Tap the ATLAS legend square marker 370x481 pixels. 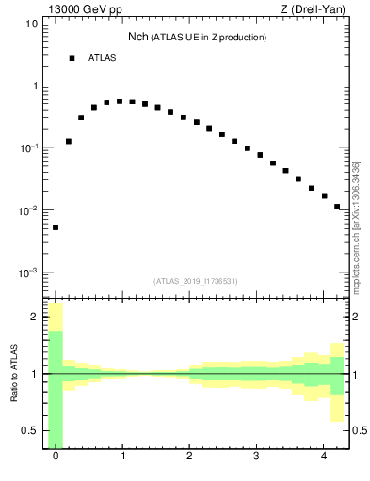72,58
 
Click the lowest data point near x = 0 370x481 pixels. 56,227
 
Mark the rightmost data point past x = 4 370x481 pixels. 337,207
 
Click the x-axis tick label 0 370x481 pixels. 56,457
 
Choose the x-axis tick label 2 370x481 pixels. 189,457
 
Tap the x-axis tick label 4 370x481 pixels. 323,457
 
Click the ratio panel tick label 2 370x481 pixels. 34,317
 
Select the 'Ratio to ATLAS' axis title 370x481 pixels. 14,374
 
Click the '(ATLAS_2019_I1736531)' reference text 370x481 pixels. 196,281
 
